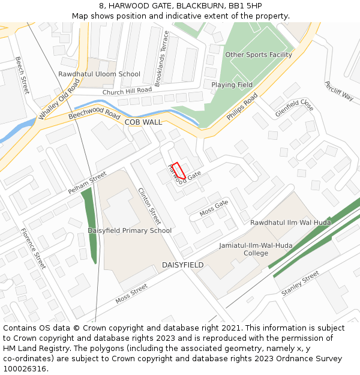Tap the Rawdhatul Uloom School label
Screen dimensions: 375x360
[x=99, y=74]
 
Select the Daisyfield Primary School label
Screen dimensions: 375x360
[x=130, y=230]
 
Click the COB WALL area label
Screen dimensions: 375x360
[x=143, y=122]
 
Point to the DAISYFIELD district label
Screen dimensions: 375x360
[x=182, y=265]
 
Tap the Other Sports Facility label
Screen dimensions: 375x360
[x=259, y=55]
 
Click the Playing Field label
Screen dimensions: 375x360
[x=232, y=85]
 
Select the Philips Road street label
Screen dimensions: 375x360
[x=242, y=106]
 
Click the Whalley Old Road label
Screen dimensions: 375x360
[x=59, y=100]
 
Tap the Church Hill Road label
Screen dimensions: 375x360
[x=127, y=91]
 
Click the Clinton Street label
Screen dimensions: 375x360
[x=149, y=206]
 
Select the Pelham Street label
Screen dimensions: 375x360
[x=87, y=182]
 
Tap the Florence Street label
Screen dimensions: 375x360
[x=33, y=248]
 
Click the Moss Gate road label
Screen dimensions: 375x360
[x=214, y=208]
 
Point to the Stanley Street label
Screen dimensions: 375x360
[x=300, y=283]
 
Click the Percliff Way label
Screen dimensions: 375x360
[x=339, y=91]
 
